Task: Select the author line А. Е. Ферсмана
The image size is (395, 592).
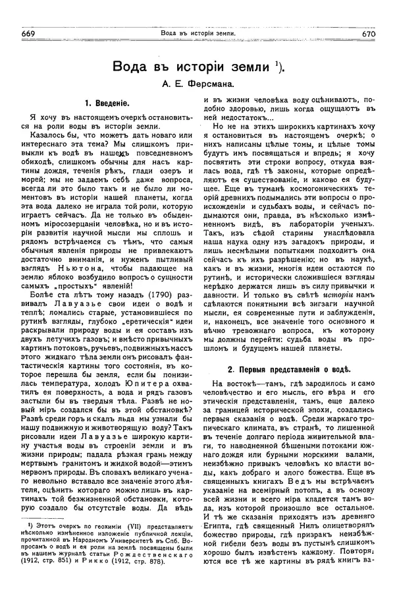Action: (197, 86)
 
